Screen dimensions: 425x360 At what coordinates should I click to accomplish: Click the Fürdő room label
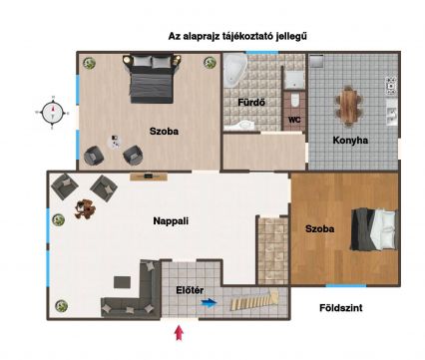tap(251, 102)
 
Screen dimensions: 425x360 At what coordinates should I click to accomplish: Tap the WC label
tap(294, 120)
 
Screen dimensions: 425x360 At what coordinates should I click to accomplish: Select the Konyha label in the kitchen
tap(350, 141)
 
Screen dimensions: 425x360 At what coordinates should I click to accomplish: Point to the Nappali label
tap(171, 221)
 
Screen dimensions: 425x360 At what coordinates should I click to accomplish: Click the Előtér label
tap(190, 290)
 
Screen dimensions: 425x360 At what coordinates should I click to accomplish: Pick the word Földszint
tap(341, 308)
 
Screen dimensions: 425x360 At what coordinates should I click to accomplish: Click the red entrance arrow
tap(179, 333)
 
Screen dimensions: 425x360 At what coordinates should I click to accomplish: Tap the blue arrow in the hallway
tap(210, 303)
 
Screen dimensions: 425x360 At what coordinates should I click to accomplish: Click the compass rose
tap(53, 113)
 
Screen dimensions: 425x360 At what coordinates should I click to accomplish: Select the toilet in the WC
tap(294, 101)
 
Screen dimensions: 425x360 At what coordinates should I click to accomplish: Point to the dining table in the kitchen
tap(348, 107)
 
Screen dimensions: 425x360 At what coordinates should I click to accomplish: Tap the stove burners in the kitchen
tap(391, 85)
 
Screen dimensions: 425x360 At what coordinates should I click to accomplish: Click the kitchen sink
tap(392, 113)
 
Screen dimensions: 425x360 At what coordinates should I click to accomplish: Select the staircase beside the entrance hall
tap(255, 299)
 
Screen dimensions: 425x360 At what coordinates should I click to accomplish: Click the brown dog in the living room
tap(85, 209)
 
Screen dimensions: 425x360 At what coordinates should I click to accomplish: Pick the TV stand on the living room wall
tap(149, 177)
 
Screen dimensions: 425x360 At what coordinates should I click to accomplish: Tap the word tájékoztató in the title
tap(244, 36)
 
